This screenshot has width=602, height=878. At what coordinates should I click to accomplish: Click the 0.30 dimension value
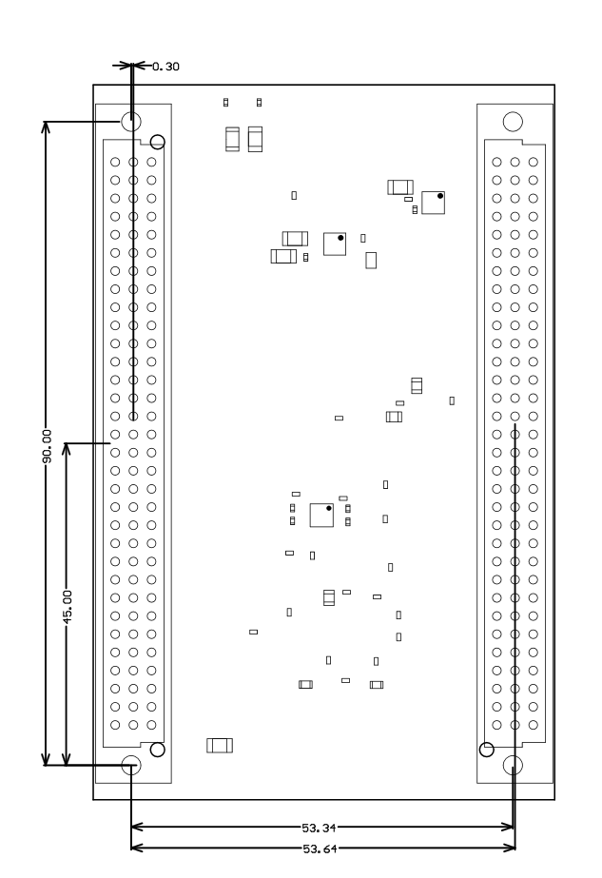165,67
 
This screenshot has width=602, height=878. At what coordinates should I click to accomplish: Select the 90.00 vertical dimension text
46,443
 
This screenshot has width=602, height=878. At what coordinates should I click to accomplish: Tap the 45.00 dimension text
67,604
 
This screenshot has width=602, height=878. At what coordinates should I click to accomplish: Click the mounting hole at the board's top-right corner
513,121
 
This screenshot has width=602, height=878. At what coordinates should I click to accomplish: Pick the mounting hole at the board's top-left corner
131,122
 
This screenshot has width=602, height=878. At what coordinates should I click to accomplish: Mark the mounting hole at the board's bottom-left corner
131,764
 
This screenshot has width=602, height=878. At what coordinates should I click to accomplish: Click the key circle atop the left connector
158,142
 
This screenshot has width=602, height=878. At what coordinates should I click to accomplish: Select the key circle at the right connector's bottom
487,749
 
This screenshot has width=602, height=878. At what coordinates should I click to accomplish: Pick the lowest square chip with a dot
321,515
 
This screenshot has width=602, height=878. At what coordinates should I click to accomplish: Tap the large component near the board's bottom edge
220,745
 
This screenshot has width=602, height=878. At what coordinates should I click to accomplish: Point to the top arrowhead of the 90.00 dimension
46,127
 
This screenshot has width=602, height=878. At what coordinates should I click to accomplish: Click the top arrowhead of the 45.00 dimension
67,448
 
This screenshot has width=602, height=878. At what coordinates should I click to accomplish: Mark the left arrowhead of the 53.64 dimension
136,847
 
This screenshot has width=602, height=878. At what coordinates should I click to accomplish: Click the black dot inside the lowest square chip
328,509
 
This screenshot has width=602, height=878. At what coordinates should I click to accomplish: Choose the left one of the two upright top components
232,140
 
